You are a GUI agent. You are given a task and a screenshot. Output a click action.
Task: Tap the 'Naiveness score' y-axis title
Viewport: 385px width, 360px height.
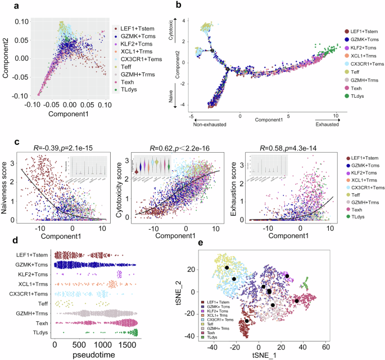point(7,186)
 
